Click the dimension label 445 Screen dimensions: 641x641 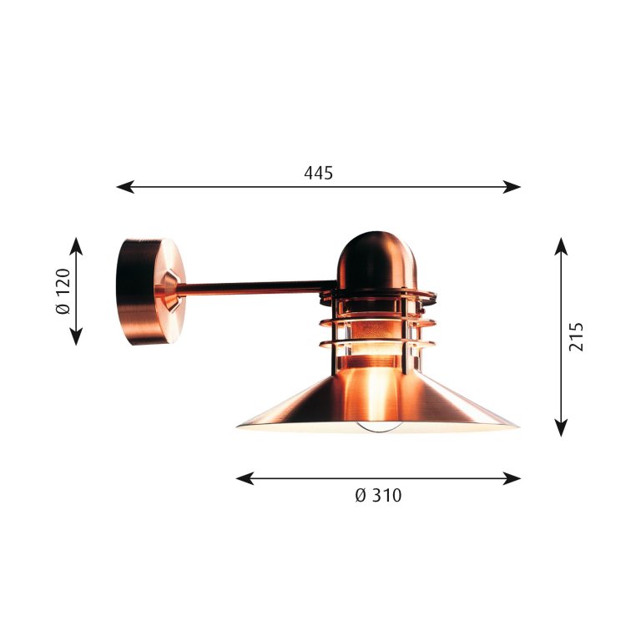tap(319, 174)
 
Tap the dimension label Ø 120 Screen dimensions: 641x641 tap(63, 291)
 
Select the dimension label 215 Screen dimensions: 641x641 tap(577, 337)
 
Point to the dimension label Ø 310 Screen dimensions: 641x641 tap(379, 496)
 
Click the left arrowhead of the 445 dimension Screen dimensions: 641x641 tap(125, 187)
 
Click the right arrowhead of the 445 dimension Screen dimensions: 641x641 tap(512, 187)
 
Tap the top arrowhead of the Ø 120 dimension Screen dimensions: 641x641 tap(76, 246)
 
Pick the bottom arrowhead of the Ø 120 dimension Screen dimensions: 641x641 tap(76, 336)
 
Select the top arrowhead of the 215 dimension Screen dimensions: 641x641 tap(561, 246)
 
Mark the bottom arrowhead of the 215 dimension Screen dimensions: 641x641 tap(561, 427)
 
